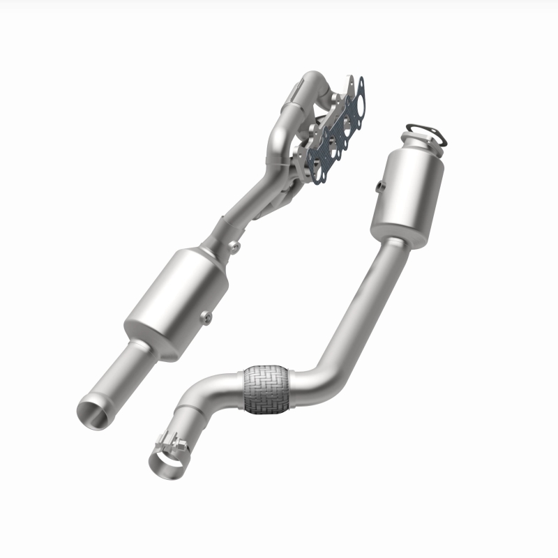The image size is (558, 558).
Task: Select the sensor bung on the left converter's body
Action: coord(208,318)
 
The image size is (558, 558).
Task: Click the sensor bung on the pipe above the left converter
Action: coord(235,245)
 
